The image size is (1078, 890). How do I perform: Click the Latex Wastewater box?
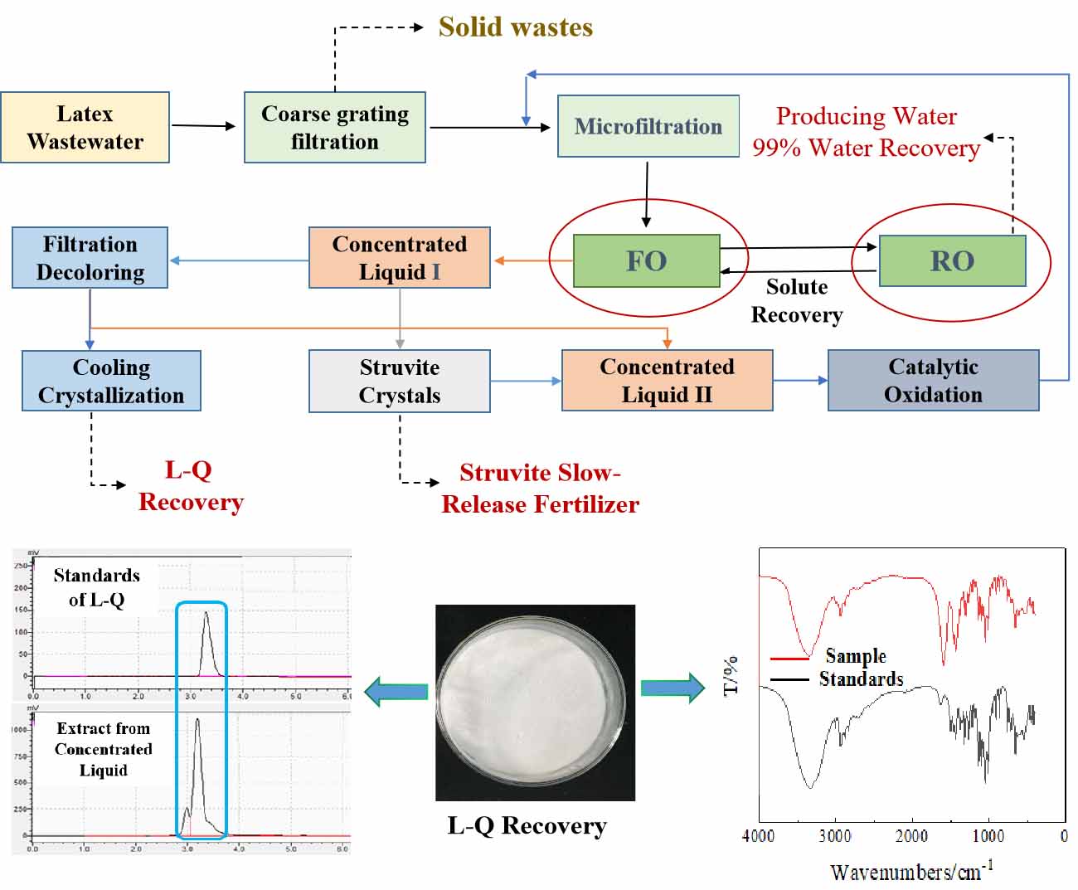click(85, 127)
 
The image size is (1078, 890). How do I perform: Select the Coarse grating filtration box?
click(335, 127)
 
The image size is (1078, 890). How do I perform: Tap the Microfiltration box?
click(648, 126)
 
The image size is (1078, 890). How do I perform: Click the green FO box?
click(647, 260)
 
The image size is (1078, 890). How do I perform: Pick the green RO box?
click(952, 260)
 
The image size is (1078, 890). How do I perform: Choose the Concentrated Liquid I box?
click(400, 258)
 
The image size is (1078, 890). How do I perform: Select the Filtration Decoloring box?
click(90, 258)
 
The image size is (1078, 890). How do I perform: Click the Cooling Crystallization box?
click(111, 381)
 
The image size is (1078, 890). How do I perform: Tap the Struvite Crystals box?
click(400, 381)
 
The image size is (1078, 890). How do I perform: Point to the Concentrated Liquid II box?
click(668, 380)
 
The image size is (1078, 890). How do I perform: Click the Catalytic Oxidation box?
click(933, 380)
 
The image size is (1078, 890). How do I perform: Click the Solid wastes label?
click(516, 27)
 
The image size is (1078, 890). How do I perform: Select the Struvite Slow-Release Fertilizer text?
click(540, 488)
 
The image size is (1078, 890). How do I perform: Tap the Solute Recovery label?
click(797, 300)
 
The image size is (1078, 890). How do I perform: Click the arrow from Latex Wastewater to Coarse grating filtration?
click(204, 126)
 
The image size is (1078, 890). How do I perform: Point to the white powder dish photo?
click(535, 702)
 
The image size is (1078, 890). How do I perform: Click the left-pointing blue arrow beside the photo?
click(396, 691)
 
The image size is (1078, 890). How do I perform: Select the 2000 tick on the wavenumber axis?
click(910, 836)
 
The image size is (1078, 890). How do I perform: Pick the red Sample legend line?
click(789, 659)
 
